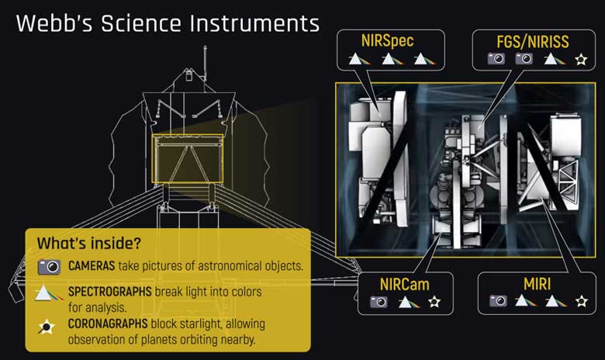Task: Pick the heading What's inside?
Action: [x=89, y=244]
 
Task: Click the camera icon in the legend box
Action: [x=49, y=266]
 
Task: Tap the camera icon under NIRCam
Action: [x=379, y=301]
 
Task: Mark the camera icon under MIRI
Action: [x=497, y=301]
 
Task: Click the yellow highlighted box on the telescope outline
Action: [x=188, y=158]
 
